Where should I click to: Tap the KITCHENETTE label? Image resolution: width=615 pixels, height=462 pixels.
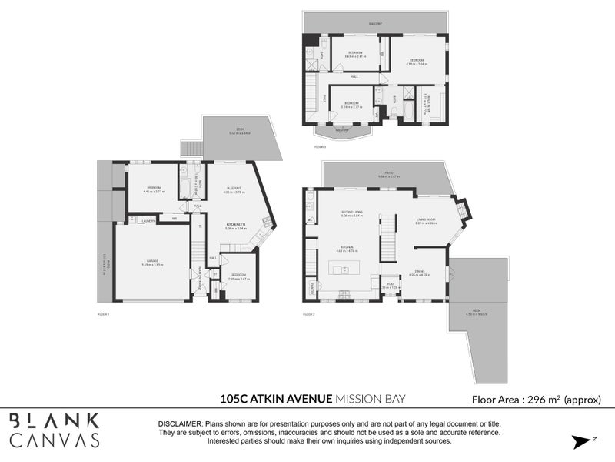[x=235, y=226]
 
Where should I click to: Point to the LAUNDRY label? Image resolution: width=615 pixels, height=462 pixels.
[x=149, y=221]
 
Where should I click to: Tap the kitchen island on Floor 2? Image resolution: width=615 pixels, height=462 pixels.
[x=345, y=269]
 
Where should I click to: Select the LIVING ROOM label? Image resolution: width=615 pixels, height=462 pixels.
[x=426, y=220]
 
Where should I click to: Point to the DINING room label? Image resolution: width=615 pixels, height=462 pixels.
[x=420, y=271]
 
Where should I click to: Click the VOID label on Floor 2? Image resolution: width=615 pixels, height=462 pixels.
[x=391, y=284]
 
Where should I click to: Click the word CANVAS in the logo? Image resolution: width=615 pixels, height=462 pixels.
[x=55, y=440]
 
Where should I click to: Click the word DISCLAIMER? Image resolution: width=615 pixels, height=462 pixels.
[x=180, y=424]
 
